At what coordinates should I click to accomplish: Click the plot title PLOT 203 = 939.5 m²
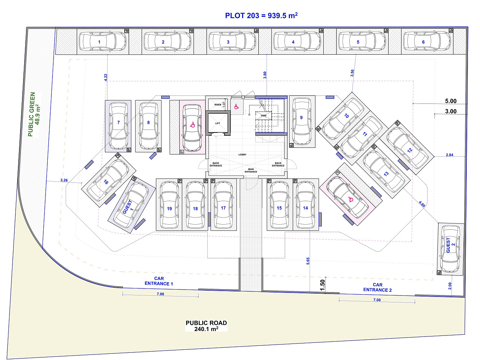[x=261, y=15]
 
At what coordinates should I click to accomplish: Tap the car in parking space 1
[x=102, y=41]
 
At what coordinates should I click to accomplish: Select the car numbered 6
[x=427, y=41]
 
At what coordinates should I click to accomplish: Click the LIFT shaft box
[x=218, y=123]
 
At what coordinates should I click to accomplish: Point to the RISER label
[x=218, y=105]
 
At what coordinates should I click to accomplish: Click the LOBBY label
[x=242, y=154]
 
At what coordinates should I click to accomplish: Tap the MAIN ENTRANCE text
[x=251, y=171]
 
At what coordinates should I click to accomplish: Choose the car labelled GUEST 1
[x=131, y=205]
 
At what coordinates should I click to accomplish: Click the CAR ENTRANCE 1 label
[x=159, y=281]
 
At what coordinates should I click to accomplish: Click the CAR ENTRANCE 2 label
[x=378, y=287]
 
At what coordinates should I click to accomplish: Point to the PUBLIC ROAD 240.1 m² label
[x=206, y=326]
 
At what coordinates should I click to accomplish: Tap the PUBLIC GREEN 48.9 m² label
[x=34, y=114]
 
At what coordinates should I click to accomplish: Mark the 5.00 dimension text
[x=451, y=101]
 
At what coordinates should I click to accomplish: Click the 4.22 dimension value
[x=106, y=77]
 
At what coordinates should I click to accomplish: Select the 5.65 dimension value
[x=308, y=261]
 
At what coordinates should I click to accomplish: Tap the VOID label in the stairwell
[x=264, y=115]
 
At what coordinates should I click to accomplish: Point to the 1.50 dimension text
[x=322, y=286]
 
